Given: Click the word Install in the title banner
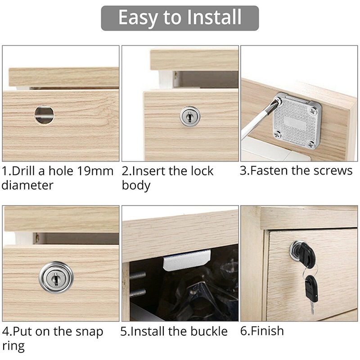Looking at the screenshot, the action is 214,17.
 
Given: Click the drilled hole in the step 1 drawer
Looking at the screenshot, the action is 44,115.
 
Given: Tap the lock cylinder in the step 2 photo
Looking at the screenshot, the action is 190,116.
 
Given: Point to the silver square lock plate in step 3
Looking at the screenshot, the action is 297,120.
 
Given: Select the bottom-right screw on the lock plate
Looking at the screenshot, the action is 311,144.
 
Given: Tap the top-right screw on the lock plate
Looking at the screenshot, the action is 313,112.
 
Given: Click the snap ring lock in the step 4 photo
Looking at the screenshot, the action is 56,278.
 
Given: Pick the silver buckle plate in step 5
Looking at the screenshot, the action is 187,260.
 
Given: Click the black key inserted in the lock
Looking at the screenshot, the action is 304,254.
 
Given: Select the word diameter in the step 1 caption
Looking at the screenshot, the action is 27,185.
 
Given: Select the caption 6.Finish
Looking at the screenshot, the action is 262,331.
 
